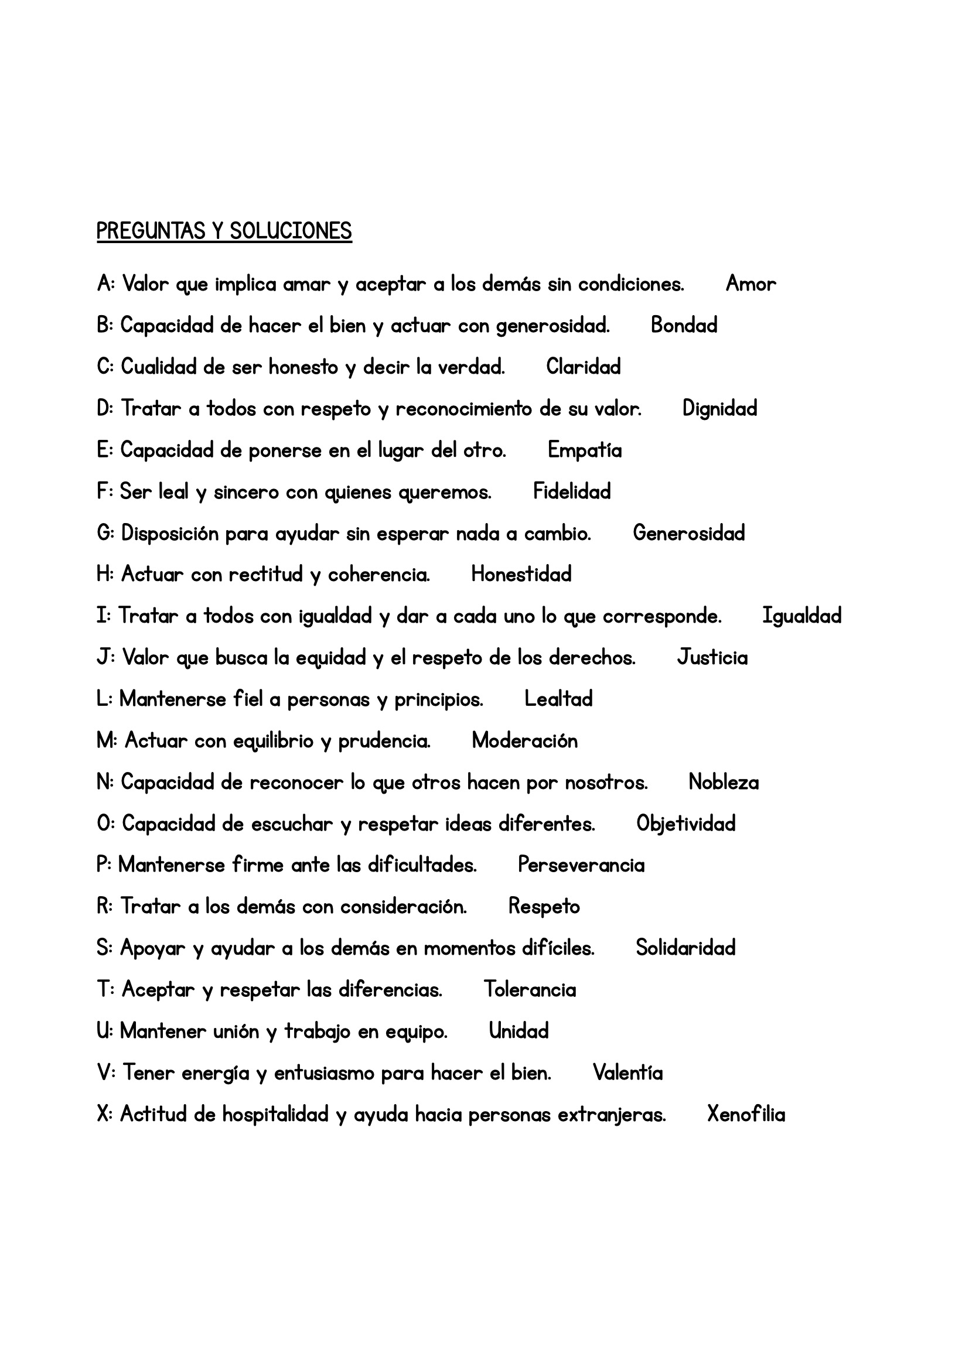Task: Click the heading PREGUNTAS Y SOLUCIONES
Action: pos(224,231)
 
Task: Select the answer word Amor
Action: pos(750,284)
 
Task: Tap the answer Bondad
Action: pos(684,325)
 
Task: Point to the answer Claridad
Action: pos(583,366)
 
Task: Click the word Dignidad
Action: pos(719,408)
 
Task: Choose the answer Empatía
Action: pos(584,450)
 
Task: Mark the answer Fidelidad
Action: pos(572,491)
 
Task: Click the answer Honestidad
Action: pos(521,574)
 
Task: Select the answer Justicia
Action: pos(712,658)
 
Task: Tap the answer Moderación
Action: pos(524,740)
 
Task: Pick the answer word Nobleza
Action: pos(723,783)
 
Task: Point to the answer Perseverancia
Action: pos(581,865)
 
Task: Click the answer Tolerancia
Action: pos(529,989)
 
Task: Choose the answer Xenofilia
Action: pos(746,1114)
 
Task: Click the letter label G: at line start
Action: pos(105,533)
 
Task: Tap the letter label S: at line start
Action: pos(104,948)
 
